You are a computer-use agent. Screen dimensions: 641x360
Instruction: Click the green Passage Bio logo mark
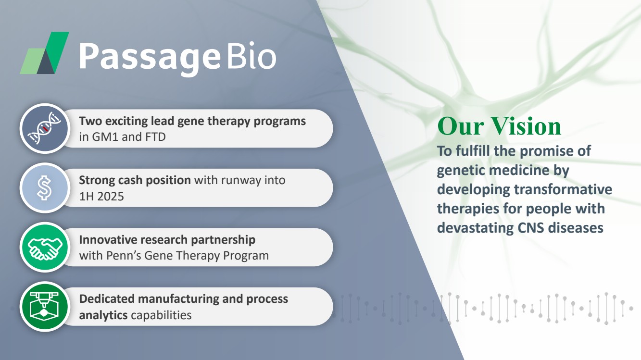coord(45,53)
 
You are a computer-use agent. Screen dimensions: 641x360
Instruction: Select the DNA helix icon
coord(45,128)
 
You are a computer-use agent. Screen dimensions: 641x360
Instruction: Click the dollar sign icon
coord(44,188)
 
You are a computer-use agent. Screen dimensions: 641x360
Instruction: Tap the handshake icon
coord(45,248)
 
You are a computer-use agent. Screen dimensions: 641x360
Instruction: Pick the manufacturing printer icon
coord(44,306)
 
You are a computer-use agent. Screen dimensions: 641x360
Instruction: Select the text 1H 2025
coord(101,197)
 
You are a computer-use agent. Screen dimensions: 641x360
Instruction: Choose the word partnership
coord(223,240)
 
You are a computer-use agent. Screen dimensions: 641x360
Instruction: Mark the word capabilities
coord(161,315)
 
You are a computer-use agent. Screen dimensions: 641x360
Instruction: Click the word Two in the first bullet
coord(90,121)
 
